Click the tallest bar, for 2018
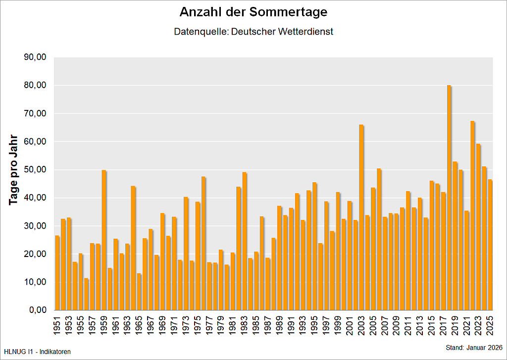click(x=449, y=198)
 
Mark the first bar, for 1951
click(x=57, y=273)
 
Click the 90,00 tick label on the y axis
click(x=35, y=57)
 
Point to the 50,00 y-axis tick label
click(x=35, y=170)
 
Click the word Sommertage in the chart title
click(x=291, y=12)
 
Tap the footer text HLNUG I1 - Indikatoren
click(x=37, y=352)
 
